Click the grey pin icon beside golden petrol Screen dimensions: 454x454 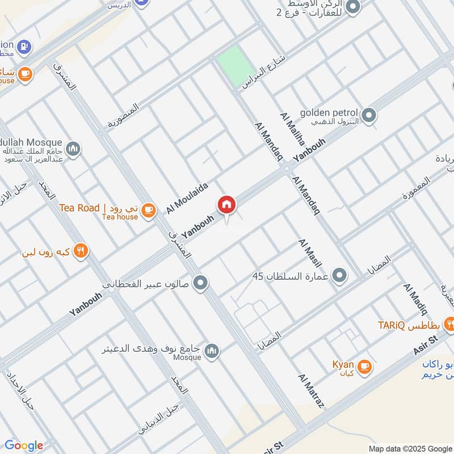tap(369, 115)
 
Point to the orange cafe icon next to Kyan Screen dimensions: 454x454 tap(364, 367)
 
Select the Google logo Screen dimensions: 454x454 tap(23, 445)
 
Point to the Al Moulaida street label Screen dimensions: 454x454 tap(187, 198)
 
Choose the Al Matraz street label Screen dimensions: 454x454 tap(310, 392)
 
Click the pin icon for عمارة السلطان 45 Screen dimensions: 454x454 tap(339, 276)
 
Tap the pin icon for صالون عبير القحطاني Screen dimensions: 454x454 tap(200, 282)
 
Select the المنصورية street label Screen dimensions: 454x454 tap(123, 115)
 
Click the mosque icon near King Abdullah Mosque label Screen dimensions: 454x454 tap(73, 150)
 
